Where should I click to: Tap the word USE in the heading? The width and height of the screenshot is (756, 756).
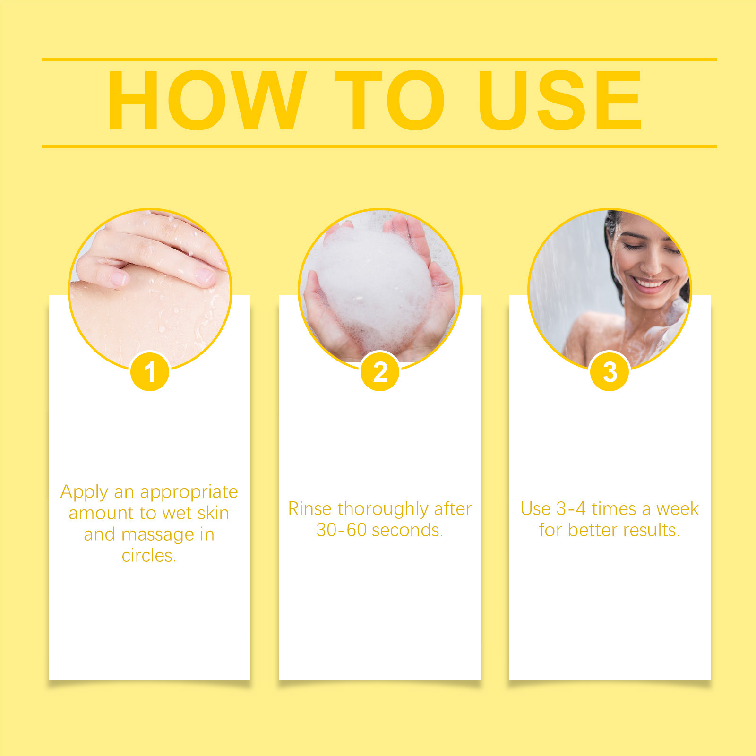[560, 100]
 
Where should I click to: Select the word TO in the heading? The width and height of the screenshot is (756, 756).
[390, 100]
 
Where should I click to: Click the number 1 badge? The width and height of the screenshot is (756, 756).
[150, 371]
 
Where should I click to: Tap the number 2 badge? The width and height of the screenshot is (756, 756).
[380, 371]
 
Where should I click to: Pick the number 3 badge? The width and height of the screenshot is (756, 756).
[610, 371]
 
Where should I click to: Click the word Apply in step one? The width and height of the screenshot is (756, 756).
[84, 492]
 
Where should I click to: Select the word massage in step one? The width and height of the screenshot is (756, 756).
[158, 535]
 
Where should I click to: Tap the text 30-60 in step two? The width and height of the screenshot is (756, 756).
[342, 530]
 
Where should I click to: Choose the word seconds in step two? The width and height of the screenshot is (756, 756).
[405, 530]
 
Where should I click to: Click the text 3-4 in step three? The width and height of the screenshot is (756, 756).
[571, 509]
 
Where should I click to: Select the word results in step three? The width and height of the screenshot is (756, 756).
[649, 530]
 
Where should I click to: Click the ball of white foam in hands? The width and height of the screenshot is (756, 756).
[373, 283]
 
